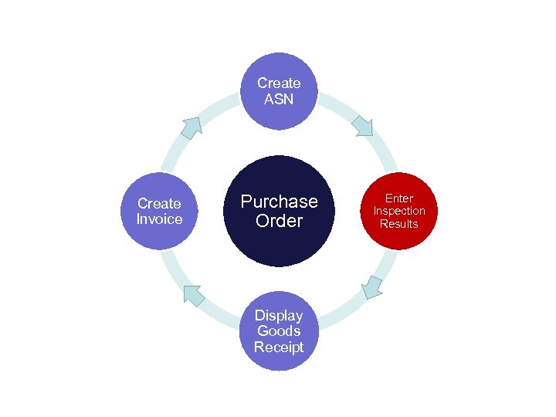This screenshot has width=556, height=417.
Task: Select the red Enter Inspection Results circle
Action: point(399,211)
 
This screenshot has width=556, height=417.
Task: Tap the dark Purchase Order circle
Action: point(279,211)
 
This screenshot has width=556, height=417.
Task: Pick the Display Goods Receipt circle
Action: point(279,331)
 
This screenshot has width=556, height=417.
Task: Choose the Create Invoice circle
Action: point(159,211)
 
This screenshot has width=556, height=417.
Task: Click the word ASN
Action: point(279,99)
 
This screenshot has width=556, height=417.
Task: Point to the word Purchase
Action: point(279,202)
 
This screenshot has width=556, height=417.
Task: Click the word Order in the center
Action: point(279,221)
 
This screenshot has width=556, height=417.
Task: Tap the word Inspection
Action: point(399,211)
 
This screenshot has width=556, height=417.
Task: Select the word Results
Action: point(399,224)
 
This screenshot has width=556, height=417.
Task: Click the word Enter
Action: point(399,198)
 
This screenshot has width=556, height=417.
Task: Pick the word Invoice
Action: point(159,219)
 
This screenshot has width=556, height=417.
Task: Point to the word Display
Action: point(279,315)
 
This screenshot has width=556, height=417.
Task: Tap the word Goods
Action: point(279,331)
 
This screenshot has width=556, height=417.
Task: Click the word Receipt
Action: point(279,347)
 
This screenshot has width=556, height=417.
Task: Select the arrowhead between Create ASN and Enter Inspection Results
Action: point(362,124)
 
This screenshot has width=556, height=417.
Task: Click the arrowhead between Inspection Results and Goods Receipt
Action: point(373,286)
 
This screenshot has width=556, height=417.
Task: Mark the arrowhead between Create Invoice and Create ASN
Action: point(191,127)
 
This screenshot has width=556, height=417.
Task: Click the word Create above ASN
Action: point(279,83)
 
